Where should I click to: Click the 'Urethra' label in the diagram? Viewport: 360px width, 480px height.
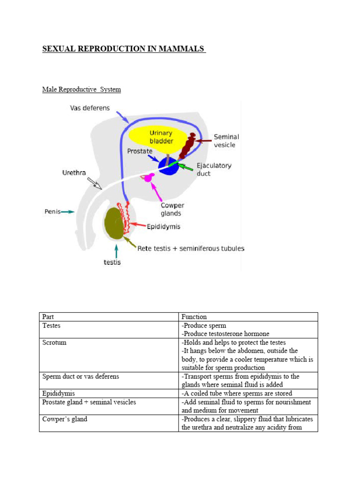(x=74, y=173)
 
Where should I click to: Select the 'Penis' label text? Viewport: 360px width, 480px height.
(x=52, y=211)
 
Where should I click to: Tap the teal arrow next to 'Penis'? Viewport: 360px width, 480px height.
(x=68, y=212)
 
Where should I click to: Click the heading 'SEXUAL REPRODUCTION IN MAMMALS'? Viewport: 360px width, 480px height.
(x=124, y=49)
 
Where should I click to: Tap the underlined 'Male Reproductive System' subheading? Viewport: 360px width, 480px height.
(x=82, y=89)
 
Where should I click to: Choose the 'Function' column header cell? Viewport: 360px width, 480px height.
(x=194, y=317)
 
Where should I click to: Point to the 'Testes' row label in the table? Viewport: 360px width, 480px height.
(x=52, y=325)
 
